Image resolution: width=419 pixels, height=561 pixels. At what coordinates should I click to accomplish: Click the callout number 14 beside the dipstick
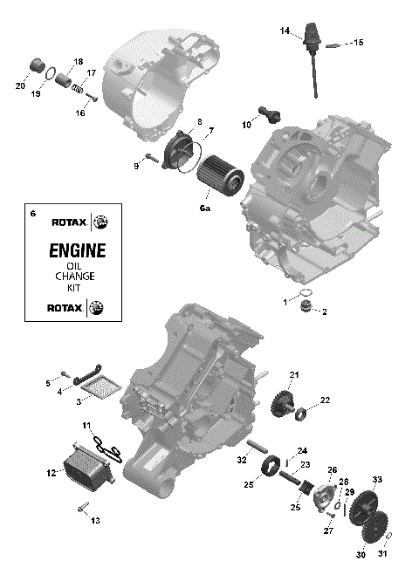(285, 31)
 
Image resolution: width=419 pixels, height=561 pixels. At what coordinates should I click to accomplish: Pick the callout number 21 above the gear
(294, 375)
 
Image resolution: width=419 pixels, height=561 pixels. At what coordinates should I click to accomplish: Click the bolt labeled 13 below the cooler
(83, 508)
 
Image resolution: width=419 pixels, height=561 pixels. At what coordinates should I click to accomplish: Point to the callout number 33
(377, 480)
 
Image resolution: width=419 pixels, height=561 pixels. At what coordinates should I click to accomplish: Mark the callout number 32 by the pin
(241, 459)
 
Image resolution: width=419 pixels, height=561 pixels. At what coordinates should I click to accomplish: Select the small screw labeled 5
(64, 376)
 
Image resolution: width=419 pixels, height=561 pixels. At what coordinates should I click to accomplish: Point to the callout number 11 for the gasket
(87, 425)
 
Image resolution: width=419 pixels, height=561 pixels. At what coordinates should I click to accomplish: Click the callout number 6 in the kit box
(33, 215)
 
